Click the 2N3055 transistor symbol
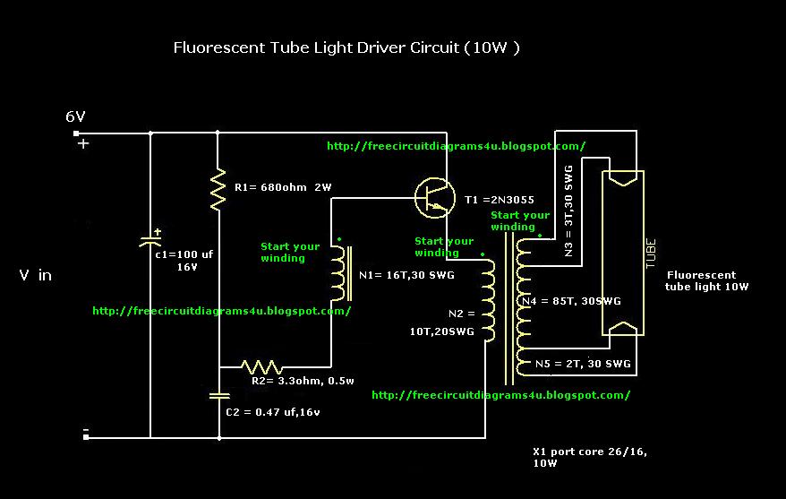click(x=435, y=198)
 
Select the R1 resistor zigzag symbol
click(x=218, y=190)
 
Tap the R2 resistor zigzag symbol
click(x=261, y=367)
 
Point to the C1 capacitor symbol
click(x=150, y=241)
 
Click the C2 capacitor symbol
click(x=219, y=396)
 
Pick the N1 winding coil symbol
click(x=340, y=273)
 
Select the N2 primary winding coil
click(x=488, y=300)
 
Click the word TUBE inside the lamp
click(x=650, y=254)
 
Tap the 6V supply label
click(x=76, y=116)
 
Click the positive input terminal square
click(x=76, y=133)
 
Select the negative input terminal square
click(x=86, y=437)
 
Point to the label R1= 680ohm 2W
click(x=283, y=187)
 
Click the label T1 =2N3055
click(x=500, y=200)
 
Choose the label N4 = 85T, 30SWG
click(x=571, y=301)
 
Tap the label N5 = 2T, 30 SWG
click(x=583, y=364)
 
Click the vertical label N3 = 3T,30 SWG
click(x=568, y=211)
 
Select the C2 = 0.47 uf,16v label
click(x=273, y=412)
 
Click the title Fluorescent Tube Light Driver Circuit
click(x=346, y=47)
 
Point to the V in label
click(x=36, y=275)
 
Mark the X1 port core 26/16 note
click(x=590, y=457)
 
